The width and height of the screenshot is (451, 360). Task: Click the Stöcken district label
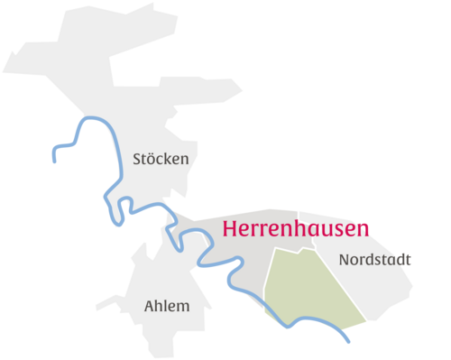(x=161, y=159)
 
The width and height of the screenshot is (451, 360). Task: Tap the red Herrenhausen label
(x=295, y=229)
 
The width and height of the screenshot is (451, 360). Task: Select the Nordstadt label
(x=374, y=260)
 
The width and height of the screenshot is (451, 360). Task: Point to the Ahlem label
(x=167, y=306)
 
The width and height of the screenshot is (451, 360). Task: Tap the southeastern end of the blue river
(x=348, y=342)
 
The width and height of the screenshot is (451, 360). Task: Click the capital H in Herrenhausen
(x=230, y=229)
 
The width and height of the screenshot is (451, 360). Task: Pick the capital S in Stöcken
(x=137, y=159)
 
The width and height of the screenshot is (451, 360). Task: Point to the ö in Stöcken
(x=152, y=159)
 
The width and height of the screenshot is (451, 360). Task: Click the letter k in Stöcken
(x=170, y=159)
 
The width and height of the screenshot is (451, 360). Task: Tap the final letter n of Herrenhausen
(x=363, y=231)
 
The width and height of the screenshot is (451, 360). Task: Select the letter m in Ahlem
(x=184, y=307)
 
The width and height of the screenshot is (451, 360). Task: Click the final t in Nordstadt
(x=408, y=260)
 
